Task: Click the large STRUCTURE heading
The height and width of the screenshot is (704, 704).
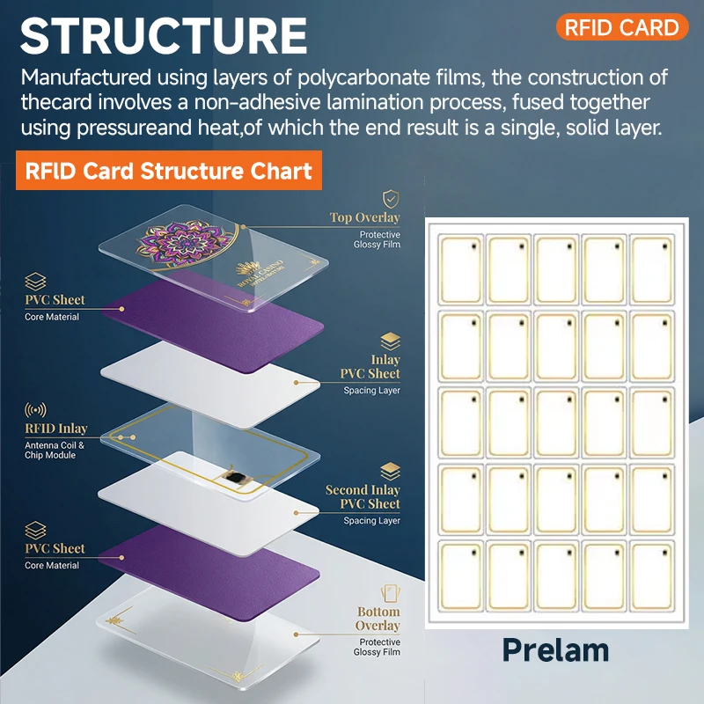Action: [164, 36]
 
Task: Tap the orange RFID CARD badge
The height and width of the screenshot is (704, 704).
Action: [622, 27]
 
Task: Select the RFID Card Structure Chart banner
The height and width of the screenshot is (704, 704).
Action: [169, 171]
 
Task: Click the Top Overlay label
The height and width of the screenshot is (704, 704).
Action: [364, 217]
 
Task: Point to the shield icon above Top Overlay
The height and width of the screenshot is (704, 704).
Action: [391, 199]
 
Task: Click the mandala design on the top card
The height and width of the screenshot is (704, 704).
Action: [184, 244]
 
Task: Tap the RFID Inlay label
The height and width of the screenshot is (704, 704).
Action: [56, 429]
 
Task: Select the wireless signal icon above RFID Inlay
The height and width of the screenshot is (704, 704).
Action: [35, 409]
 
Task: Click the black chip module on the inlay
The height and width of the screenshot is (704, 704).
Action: [236, 477]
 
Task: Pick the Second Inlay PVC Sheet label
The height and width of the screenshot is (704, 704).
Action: [363, 496]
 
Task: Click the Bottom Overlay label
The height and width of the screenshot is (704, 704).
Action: [378, 619]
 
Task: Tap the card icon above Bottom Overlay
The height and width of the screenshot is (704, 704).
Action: [390, 593]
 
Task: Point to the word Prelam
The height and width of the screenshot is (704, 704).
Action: [555, 650]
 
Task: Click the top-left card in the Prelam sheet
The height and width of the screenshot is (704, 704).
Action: [460, 270]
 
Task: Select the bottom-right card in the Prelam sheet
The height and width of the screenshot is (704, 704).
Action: [652, 576]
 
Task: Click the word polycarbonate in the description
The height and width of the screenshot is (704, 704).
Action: [363, 77]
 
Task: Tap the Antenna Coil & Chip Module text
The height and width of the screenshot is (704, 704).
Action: [55, 451]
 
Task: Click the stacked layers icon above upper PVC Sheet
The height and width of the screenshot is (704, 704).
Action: [35, 282]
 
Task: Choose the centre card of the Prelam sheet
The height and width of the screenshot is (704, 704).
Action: [556, 423]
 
